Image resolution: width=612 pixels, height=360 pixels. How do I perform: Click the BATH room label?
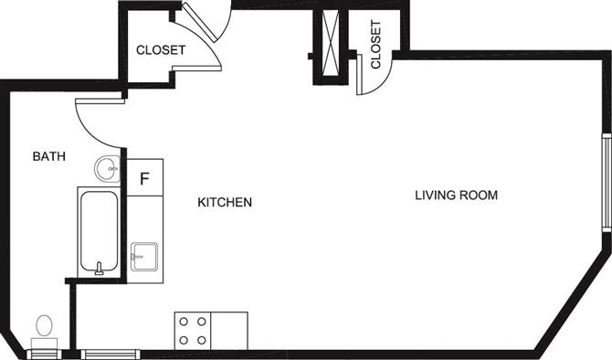[48, 156]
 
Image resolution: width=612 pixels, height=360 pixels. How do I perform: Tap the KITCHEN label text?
[225, 202]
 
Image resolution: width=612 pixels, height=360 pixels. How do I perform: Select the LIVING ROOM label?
[457, 196]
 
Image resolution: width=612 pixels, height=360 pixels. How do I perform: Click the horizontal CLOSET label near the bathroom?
[161, 50]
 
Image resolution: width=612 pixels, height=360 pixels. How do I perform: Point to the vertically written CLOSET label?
[375, 45]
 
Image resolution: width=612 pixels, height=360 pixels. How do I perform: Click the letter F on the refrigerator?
[144, 178]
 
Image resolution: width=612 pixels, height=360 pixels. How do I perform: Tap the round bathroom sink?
[108, 169]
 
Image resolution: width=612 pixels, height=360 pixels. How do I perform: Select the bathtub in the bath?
[99, 232]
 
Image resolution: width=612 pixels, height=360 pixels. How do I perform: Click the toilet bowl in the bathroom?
[44, 325]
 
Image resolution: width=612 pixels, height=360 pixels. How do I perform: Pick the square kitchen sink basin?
[144, 257]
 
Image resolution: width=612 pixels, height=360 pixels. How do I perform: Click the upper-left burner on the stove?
[184, 322]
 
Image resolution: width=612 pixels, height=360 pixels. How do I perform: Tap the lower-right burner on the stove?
[201, 340]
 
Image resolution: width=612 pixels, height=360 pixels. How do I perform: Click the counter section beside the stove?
[229, 331]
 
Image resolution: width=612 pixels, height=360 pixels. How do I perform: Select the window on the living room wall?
[607, 183]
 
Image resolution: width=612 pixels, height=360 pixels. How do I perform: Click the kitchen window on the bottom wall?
[111, 355]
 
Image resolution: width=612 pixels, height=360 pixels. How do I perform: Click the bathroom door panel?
[100, 101]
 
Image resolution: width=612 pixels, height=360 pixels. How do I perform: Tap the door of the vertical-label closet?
[360, 74]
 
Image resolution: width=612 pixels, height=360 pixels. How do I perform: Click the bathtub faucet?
[100, 269]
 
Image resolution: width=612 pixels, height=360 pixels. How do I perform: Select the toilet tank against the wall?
[45, 344]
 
